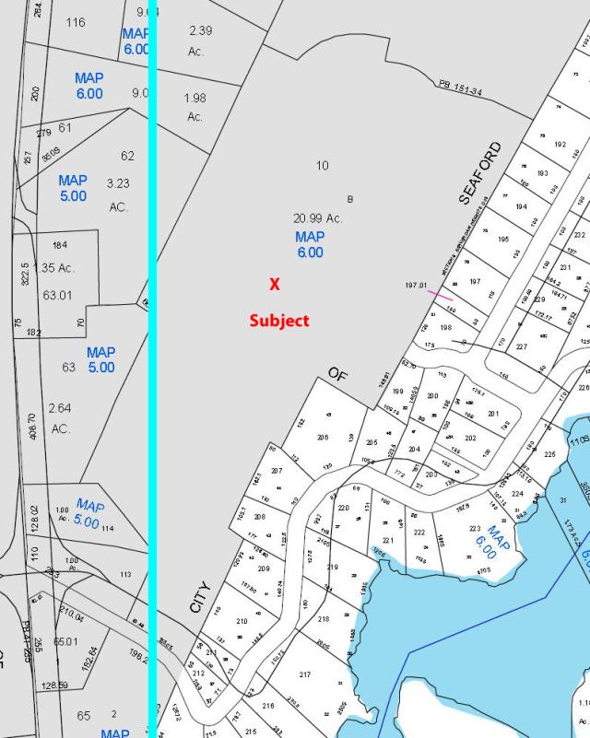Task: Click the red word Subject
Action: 279,321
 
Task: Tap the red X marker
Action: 274,285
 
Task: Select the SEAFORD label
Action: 481,172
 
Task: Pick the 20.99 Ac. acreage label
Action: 318,218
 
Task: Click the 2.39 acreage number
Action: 201,30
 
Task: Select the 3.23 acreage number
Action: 117,183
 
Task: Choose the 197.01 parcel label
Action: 417,286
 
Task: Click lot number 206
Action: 323,438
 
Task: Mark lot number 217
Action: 305,675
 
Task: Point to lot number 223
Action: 475,529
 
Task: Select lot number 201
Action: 493,414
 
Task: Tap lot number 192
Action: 560,145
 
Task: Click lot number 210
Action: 242,622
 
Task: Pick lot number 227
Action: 521,347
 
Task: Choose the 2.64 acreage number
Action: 61,408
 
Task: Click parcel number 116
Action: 76,21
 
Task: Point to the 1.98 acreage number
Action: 195,98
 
